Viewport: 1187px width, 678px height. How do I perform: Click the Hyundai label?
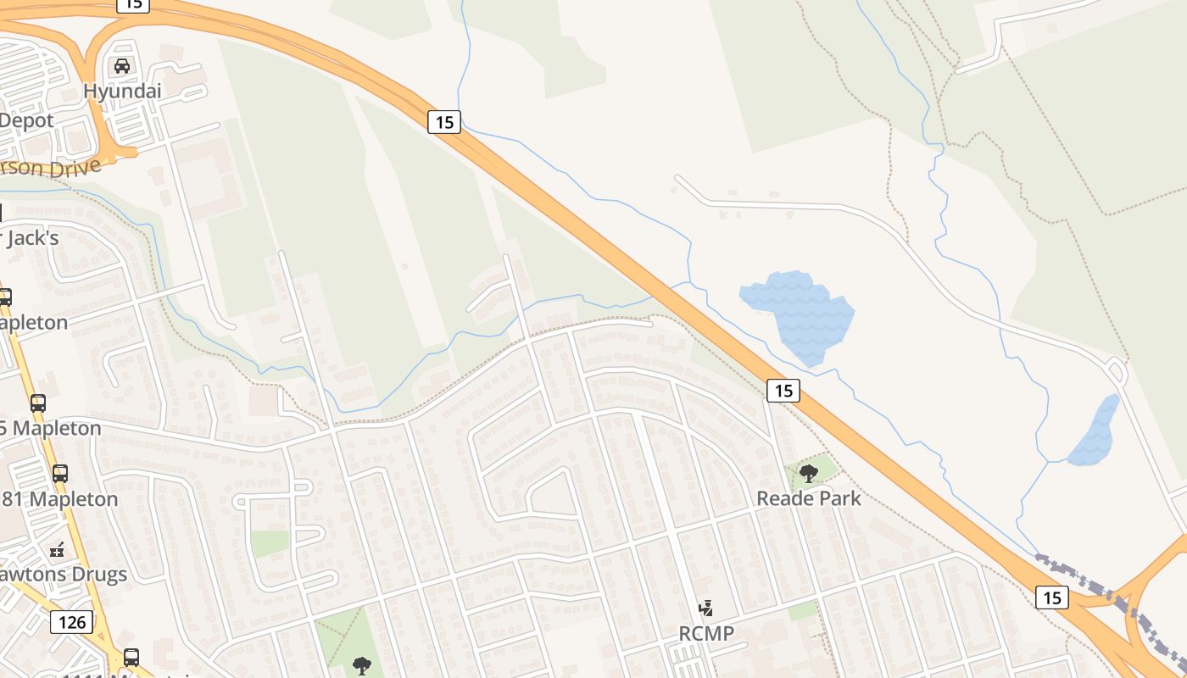point(122,91)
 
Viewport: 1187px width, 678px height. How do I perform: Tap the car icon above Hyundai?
point(122,66)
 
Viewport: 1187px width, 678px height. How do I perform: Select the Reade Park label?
point(808,498)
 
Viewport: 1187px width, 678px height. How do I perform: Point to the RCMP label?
point(706,633)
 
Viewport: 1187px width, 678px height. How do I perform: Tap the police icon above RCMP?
point(705,609)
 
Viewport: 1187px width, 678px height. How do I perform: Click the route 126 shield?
point(72,623)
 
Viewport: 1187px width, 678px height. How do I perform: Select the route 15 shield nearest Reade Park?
point(783,391)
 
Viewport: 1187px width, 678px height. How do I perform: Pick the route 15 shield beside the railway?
point(1051,597)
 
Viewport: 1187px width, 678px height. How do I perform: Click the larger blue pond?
point(797,314)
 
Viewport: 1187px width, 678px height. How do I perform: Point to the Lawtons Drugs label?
point(63,574)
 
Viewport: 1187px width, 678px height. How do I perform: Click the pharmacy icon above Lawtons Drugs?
point(57,550)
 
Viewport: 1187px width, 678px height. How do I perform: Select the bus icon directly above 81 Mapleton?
point(59,474)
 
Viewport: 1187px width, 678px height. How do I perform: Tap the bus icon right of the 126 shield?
point(131,657)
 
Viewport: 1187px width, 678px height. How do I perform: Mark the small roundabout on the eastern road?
point(1116,370)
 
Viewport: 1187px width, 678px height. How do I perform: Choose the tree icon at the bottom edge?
point(362,665)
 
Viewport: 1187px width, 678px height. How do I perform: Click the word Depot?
point(26,120)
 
